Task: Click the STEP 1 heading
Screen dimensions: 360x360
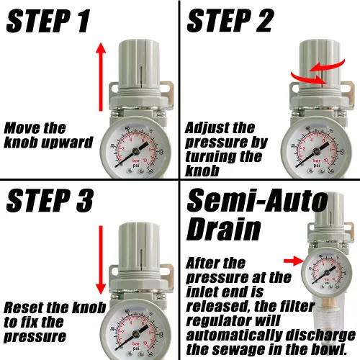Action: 49,22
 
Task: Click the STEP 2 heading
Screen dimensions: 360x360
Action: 230,22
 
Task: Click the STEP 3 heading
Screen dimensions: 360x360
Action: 49,202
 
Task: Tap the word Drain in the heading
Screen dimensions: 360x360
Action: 224,230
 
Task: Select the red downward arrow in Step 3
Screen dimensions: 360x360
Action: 101,259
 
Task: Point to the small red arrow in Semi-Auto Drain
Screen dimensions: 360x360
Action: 292,260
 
